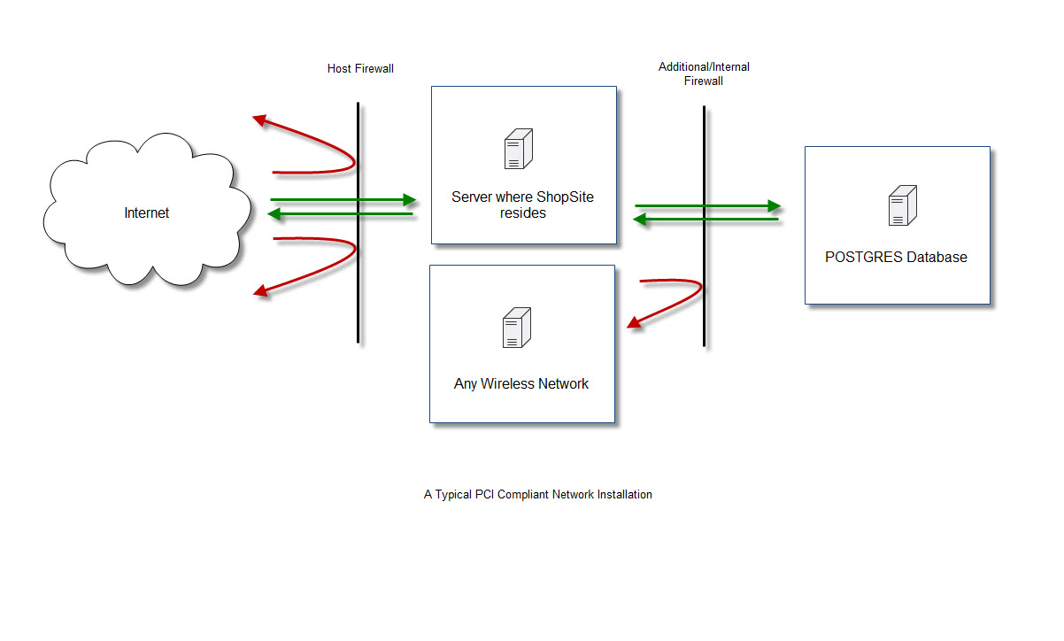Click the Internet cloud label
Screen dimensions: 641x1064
(x=146, y=212)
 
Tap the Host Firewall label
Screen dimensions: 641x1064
(x=360, y=68)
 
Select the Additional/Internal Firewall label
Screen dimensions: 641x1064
(x=704, y=73)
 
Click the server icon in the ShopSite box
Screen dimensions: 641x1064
(x=518, y=149)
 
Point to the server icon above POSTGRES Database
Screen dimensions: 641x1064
(x=902, y=205)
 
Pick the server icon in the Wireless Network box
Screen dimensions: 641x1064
(x=516, y=328)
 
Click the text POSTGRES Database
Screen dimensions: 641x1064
(x=896, y=258)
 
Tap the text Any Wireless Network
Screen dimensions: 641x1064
(x=521, y=384)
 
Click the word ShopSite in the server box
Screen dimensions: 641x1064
(x=565, y=197)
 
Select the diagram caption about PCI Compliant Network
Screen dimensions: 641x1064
(x=537, y=495)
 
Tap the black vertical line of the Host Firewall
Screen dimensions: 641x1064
(x=358, y=292)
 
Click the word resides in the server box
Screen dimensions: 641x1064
(x=522, y=213)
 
